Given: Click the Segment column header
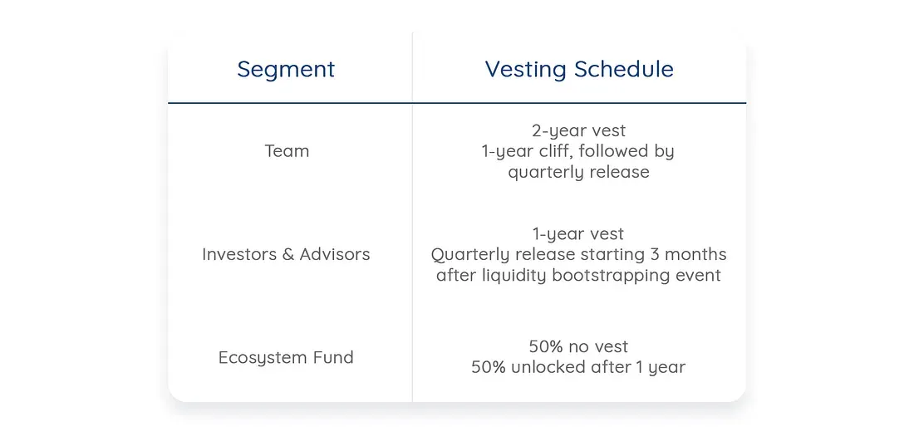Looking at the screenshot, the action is click(x=286, y=70).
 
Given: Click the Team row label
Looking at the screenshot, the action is click(x=287, y=151).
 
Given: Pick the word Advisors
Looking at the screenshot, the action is click(x=335, y=254).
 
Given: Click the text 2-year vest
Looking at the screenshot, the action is click(x=579, y=130).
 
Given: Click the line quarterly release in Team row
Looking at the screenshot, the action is click(x=579, y=172).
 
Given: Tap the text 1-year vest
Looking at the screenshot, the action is click(x=578, y=233).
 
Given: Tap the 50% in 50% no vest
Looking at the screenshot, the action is click(x=546, y=346).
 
